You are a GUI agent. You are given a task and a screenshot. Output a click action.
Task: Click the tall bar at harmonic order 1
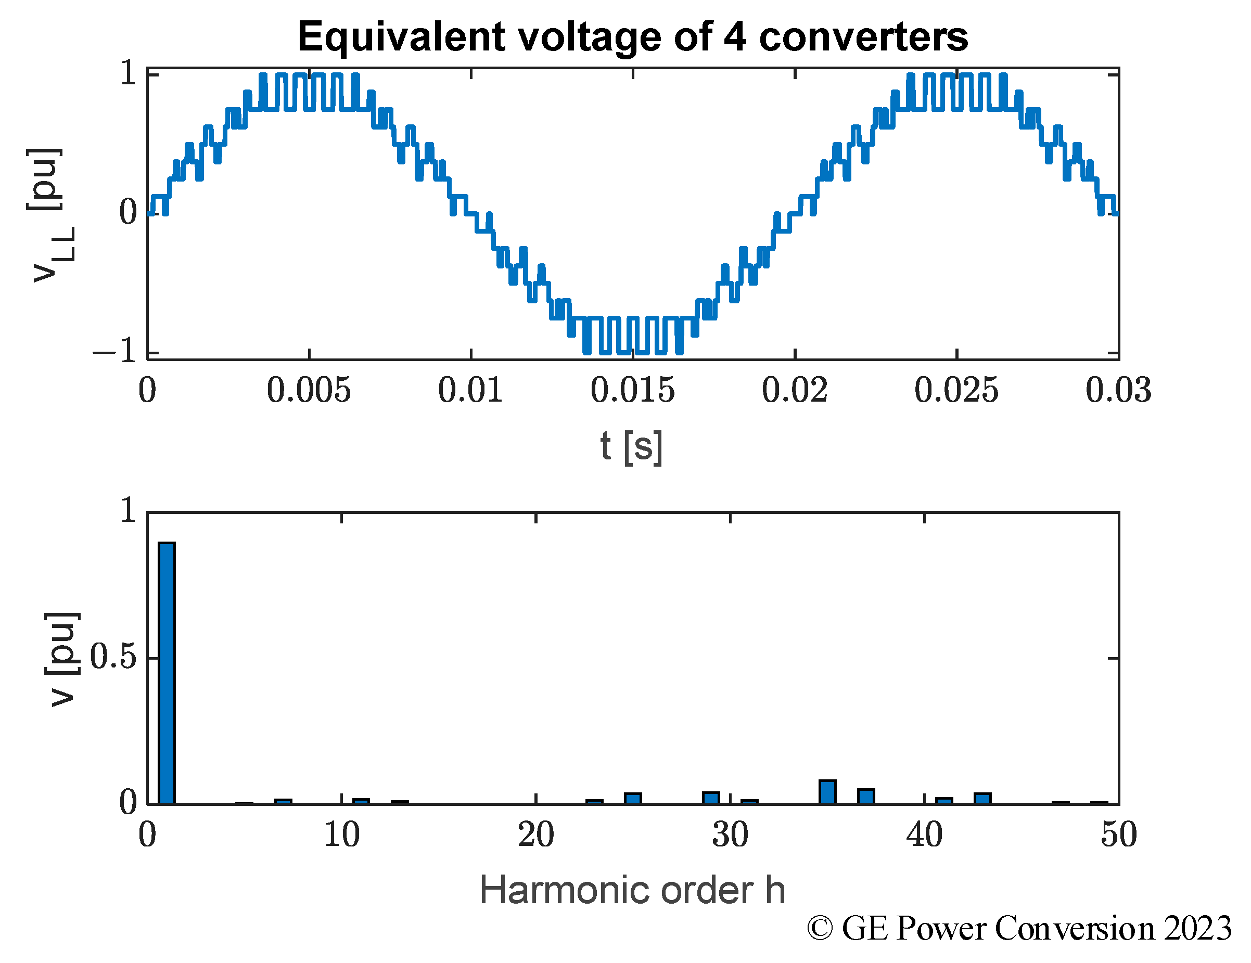(167, 673)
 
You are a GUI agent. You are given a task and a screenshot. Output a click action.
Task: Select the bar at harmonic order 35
(827, 792)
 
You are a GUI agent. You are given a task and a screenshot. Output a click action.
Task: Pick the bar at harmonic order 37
(865, 797)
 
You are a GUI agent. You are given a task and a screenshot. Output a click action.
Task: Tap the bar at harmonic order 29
(711, 798)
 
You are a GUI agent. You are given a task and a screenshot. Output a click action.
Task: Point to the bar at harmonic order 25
(633, 799)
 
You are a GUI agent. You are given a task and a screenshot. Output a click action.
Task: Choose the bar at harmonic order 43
(982, 799)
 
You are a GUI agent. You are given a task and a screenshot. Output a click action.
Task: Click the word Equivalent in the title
(401, 37)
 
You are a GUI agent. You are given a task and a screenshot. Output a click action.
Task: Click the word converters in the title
(863, 37)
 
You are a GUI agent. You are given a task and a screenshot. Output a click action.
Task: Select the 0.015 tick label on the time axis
(632, 391)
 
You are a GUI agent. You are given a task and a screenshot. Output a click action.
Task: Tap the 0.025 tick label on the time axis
(956, 391)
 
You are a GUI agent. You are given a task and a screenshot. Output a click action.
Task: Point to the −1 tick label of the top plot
(115, 350)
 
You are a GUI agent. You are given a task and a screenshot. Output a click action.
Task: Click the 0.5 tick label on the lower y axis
(113, 657)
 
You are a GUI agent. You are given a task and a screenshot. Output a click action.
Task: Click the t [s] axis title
(631, 447)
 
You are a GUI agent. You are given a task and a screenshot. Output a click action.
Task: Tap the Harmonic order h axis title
(632, 891)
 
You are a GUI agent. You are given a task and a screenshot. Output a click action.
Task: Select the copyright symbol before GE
(820, 929)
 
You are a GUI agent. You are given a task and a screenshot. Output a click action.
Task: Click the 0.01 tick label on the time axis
(470, 391)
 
